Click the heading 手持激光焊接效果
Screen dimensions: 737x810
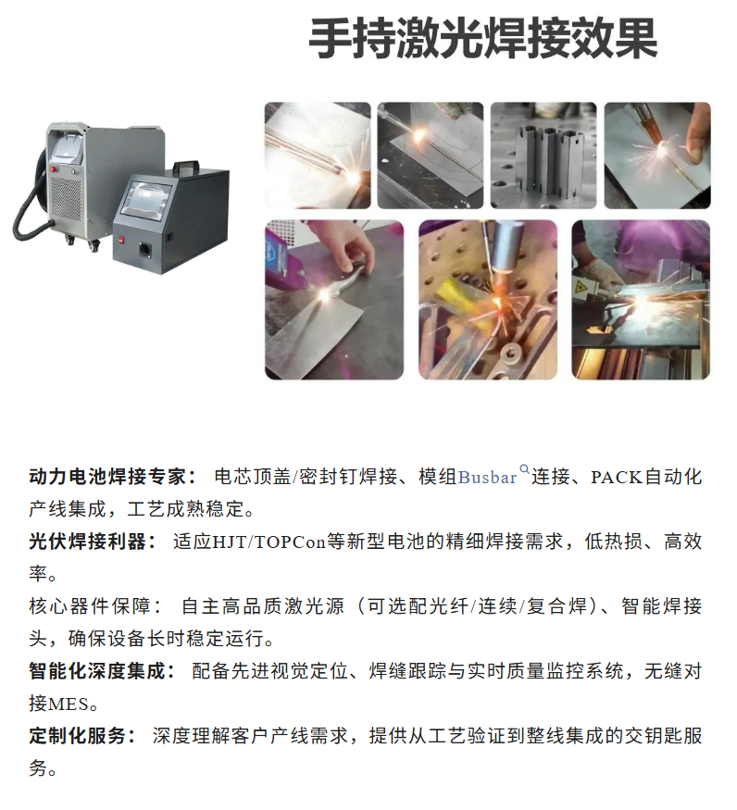[483, 39]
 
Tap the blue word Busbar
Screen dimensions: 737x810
[487, 478]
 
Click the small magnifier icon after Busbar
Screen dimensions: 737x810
[525, 469]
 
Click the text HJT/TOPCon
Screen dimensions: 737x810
[269, 542]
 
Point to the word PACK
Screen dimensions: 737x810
[617, 478]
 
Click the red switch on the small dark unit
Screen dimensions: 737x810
[121, 240]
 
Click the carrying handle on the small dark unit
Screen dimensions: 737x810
[186, 166]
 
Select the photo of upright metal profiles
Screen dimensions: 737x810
[543, 156]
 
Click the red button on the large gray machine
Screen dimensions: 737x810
[53, 168]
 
